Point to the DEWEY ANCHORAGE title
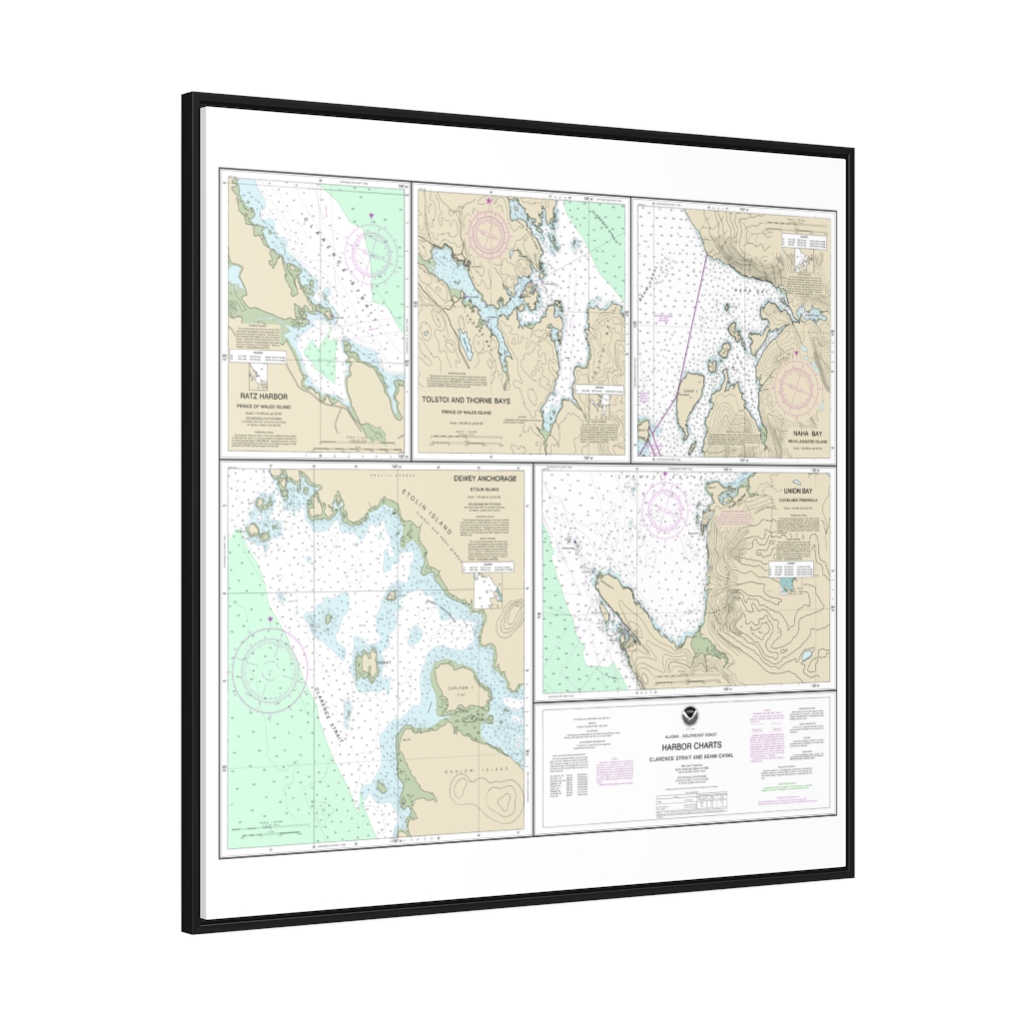click(485, 480)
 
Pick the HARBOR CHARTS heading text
click(690, 745)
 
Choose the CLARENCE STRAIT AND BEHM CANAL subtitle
click(690, 758)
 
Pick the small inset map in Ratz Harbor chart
click(258, 375)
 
